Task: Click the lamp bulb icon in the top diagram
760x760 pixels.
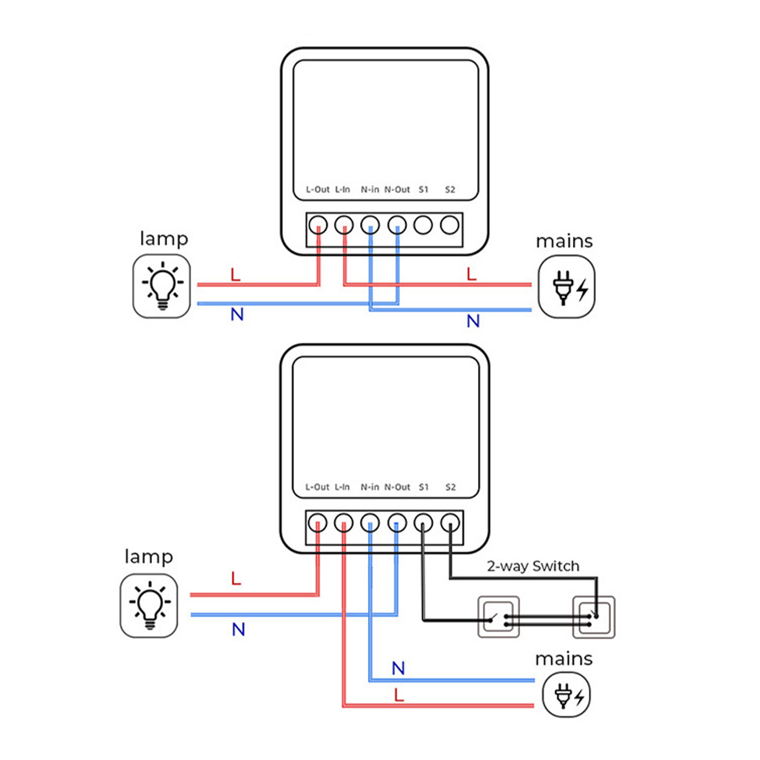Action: [x=162, y=286]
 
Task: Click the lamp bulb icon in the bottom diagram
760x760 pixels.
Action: [x=149, y=605]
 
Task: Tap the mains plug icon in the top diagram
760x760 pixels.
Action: [x=566, y=287]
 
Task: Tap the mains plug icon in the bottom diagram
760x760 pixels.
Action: [x=566, y=695]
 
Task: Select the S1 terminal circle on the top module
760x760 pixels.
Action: [x=423, y=225]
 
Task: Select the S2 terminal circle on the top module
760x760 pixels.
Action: [x=450, y=225]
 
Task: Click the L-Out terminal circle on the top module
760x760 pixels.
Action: [x=318, y=225]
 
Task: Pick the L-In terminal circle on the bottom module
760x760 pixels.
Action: [x=344, y=523]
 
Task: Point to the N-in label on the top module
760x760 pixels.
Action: [x=369, y=189]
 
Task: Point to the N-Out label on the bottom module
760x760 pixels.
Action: [x=397, y=487]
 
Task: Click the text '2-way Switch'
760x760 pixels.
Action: [x=533, y=566]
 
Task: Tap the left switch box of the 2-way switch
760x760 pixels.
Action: [x=499, y=617]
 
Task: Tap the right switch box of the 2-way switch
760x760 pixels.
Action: [x=593, y=617]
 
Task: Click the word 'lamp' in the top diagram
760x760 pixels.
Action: [x=164, y=239]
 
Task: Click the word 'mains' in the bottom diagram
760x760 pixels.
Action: [x=564, y=659]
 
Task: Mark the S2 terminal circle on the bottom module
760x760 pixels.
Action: [x=450, y=523]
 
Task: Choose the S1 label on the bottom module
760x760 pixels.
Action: [x=423, y=487]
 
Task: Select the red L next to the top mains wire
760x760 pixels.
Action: [x=471, y=274]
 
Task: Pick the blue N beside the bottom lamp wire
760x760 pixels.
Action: [x=238, y=630]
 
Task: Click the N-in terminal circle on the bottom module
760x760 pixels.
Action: [x=369, y=523]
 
